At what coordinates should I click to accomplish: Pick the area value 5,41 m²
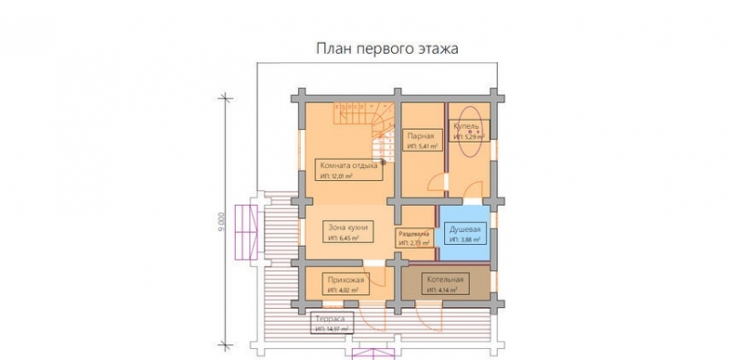(x=423, y=145)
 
